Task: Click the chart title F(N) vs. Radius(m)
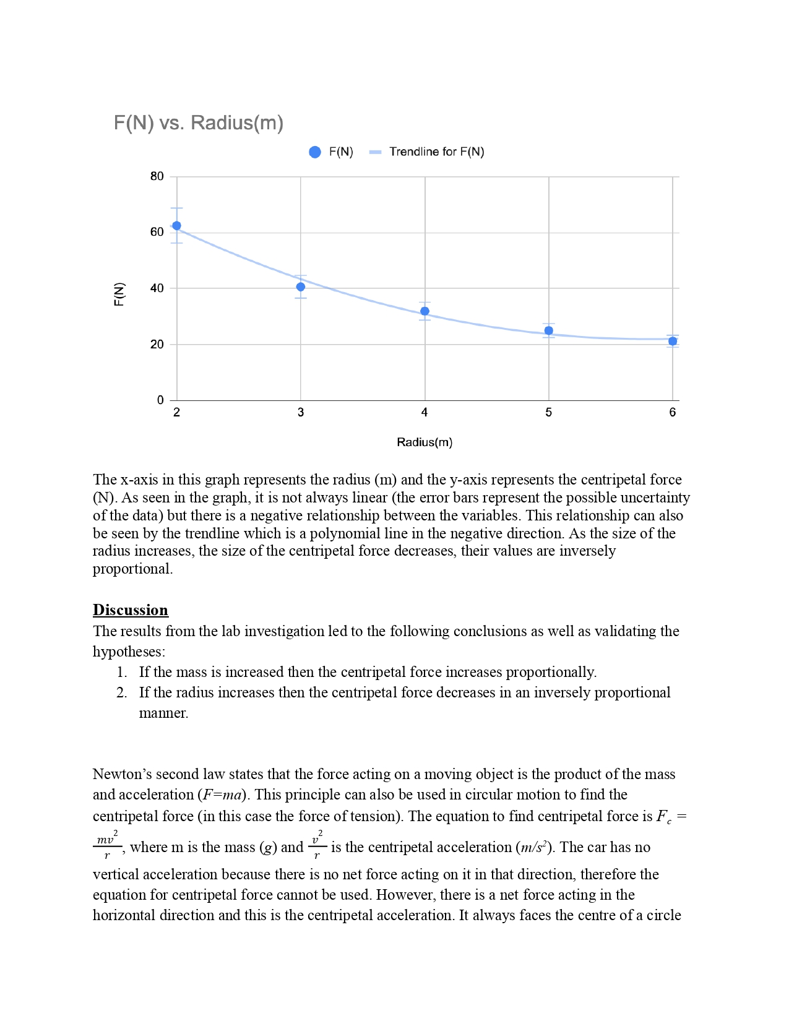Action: (x=198, y=123)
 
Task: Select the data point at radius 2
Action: (x=177, y=226)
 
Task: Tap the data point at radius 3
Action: (x=301, y=287)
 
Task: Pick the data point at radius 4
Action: (x=425, y=311)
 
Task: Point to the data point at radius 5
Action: (x=549, y=330)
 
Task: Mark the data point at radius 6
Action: (x=673, y=341)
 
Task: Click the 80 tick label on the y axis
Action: (x=157, y=176)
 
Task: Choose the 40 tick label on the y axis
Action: (x=157, y=288)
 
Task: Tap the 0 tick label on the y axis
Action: (x=161, y=400)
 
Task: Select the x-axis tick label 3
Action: (x=301, y=413)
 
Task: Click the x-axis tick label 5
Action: (x=549, y=413)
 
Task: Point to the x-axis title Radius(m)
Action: (x=425, y=442)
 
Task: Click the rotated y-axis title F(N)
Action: (x=119, y=294)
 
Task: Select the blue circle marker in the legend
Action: (x=315, y=152)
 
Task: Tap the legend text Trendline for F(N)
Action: (x=436, y=152)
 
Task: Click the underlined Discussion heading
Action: (x=131, y=610)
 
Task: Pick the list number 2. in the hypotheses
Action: (x=122, y=692)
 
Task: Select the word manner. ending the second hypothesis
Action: (x=163, y=713)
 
